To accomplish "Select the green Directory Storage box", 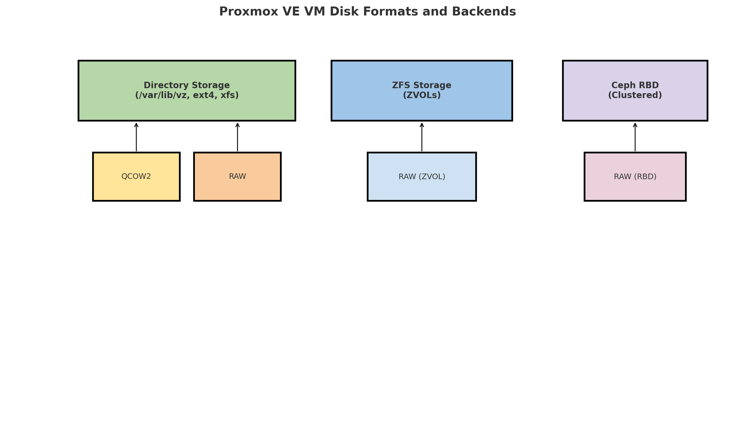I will coord(187,108).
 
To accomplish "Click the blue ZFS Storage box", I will coord(421,108).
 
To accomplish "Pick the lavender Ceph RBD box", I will coord(635,108).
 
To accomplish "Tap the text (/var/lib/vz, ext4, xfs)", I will coord(187,95).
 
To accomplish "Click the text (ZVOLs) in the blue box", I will coord(421,95).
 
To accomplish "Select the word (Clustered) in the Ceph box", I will coord(635,95).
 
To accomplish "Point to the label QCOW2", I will coord(136,176).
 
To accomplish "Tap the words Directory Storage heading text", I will coord(187,85).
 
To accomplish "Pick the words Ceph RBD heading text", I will coord(635,85).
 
